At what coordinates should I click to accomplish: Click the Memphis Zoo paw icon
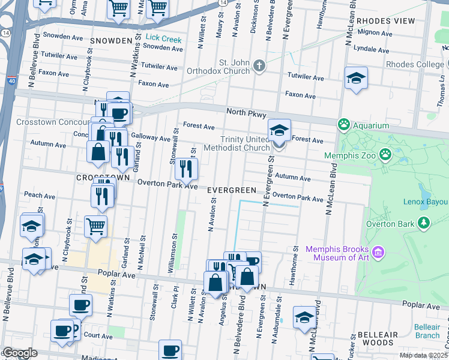pyautogui.click(x=385, y=155)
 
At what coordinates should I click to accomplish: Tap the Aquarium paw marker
pyautogui.click(x=344, y=125)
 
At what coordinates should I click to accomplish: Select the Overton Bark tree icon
pyautogui.click(x=424, y=224)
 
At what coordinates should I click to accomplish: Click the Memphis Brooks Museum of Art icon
pyautogui.click(x=378, y=253)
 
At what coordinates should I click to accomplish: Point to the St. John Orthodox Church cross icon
pyautogui.click(x=259, y=66)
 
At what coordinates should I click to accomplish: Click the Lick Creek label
pyautogui.click(x=163, y=40)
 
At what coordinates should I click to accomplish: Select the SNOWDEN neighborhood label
pyautogui.click(x=111, y=41)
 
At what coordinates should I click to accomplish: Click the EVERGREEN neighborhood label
pyautogui.click(x=232, y=190)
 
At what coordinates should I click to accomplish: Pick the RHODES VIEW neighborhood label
pyautogui.click(x=385, y=21)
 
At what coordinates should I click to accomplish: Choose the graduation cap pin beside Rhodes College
pyautogui.click(x=356, y=79)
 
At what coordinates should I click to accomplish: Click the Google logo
pyautogui.click(x=20, y=353)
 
